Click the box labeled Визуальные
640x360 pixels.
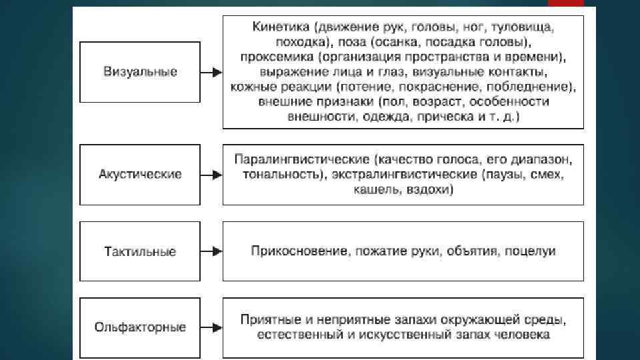coord(140,72)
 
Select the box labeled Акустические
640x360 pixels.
coord(140,175)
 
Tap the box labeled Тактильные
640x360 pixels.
coord(140,251)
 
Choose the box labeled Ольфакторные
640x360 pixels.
coord(140,327)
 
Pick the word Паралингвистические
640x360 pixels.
coord(302,161)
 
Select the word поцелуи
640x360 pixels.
coord(531,251)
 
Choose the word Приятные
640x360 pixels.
coord(267,320)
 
